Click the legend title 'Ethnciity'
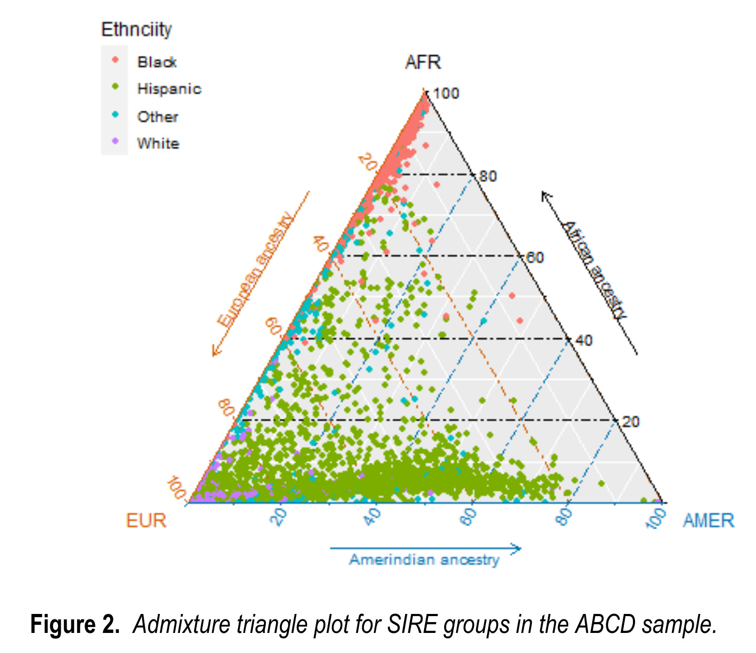[x=136, y=29]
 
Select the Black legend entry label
[x=157, y=62]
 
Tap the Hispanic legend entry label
[x=169, y=89]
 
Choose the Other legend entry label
[x=157, y=117]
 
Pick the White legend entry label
[x=158, y=144]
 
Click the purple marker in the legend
[x=115, y=142]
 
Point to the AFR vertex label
[x=423, y=62]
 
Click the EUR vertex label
[x=146, y=521]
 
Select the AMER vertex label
[x=708, y=521]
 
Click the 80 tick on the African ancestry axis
[x=488, y=176]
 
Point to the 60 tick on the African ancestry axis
[x=535, y=258]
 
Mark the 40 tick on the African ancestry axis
[x=583, y=341]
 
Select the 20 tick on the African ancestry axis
[x=630, y=422]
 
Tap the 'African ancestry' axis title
[x=594, y=270]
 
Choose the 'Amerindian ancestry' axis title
[x=424, y=560]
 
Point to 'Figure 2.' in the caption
[x=75, y=625]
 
